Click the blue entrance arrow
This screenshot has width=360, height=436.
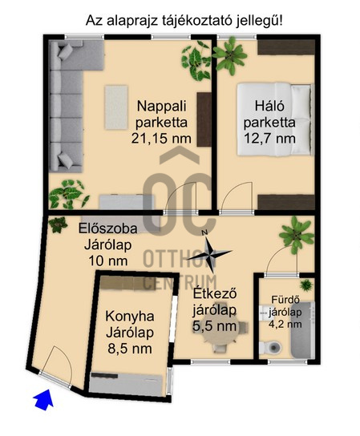pos(44,400)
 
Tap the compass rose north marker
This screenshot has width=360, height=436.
pos(205,232)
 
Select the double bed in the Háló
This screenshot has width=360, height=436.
pos(274,119)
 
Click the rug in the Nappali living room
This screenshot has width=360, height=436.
pos(116,107)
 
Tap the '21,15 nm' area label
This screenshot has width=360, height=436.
pos(161,139)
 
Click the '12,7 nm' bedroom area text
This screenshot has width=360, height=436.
pos(269,138)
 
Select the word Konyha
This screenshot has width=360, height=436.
pos(130,317)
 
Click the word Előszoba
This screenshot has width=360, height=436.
pos(108,228)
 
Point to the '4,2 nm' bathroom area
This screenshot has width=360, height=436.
pos(285,324)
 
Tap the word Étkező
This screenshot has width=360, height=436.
pos(215,293)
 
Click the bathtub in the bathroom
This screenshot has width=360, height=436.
pos(303,329)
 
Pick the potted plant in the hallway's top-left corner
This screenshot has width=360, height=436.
pos(58,224)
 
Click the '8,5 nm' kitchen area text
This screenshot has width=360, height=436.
pos(130,349)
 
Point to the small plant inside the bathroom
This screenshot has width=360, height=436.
pos(306,285)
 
